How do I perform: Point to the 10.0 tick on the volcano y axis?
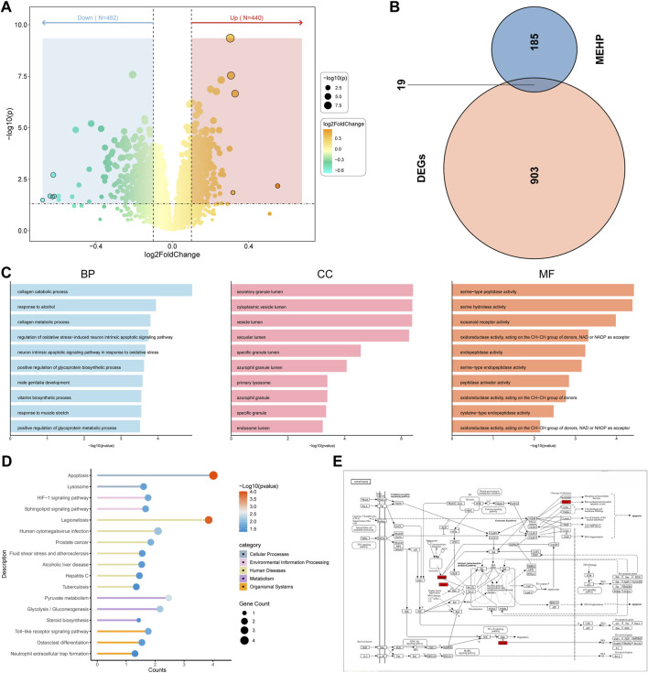pos(19,24)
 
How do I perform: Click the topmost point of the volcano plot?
pos(231,38)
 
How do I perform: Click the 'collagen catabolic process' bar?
pos(101,291)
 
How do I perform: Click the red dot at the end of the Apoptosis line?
pos(213,475)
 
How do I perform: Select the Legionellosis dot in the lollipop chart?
pos(209,520)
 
